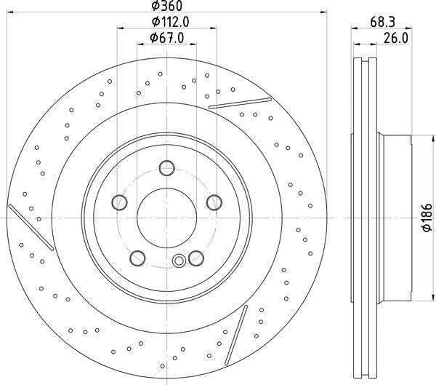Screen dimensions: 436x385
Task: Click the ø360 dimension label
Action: tap(167, 6)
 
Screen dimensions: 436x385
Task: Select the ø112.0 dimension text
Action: tap(171, 22)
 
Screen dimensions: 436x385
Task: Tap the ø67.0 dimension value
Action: tap(167, 38)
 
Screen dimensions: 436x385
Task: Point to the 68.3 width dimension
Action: tap(382, 22)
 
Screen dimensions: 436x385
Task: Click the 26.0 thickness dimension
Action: tap(396, 38)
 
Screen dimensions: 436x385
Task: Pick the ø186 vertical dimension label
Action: tap(427, 218)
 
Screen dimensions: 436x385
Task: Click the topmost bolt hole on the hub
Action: tap(167, 168)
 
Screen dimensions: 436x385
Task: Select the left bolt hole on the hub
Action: tap(119, 202)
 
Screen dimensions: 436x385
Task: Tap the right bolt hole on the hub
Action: tap(214, 202)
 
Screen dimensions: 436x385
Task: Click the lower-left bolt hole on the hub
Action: tap(137, 258)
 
